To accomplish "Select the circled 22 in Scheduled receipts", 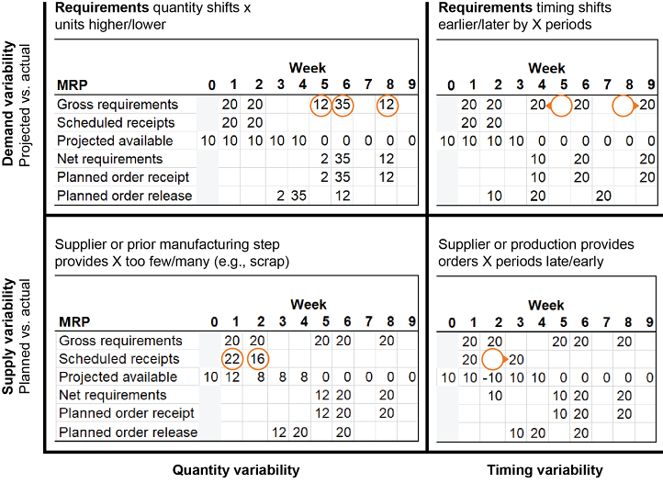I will (232, 359).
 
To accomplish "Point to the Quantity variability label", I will (236, 470).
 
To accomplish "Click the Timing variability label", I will (545, 470).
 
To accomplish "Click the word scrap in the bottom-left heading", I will (266, 262).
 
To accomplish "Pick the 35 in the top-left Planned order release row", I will (298, 196).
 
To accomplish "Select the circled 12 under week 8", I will (388, 105).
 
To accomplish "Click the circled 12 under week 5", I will (321, 105).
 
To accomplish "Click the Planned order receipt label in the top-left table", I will (123, 176).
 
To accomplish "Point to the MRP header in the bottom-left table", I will (73, 322).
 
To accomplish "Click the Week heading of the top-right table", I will (547, 68).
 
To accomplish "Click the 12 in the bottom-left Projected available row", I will (232, 377).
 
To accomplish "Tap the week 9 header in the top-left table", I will (412, 85).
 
